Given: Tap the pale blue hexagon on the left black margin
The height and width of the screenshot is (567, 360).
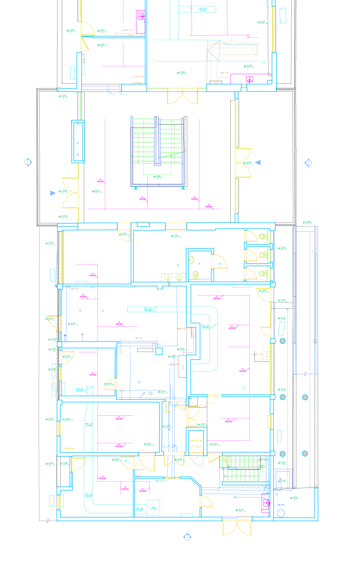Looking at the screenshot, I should (x=28, y=162).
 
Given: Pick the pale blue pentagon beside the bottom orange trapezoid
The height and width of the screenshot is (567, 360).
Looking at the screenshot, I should (x=187, y=534).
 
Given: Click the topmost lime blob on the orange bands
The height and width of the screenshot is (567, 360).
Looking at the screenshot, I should (x=262, y=236).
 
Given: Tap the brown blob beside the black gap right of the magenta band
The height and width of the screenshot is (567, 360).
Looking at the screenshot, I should (x=262, y=352).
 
